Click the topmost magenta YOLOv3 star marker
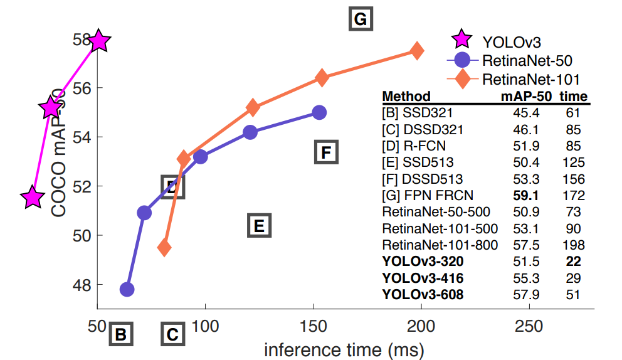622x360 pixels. [x=98, y=41]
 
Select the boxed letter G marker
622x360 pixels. [x=360, y=19]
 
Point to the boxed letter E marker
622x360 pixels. [x=259, y=226]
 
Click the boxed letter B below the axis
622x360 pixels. [x=121, y=335]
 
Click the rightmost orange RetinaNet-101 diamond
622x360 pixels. [x=416, y=51]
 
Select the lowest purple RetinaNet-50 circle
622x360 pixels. [x=127, y=289]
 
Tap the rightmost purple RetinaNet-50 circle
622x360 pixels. [x=319, y=112]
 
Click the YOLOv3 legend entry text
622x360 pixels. [x=511, y=42]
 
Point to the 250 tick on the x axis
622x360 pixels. [x=529, y=327]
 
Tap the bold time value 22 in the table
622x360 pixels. [x=573, y=261]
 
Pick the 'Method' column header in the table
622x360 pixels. [x=406, y=97]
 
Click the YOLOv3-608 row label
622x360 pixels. [x=423, y=294]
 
